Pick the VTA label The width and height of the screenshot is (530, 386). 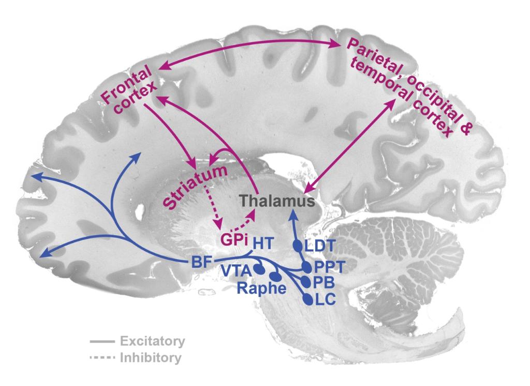[237, 270]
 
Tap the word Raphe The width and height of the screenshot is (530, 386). [261, 289]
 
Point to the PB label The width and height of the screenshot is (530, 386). [323, 282]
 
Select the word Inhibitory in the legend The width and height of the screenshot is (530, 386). [151, 358]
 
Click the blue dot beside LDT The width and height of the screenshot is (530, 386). [298, 245]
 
